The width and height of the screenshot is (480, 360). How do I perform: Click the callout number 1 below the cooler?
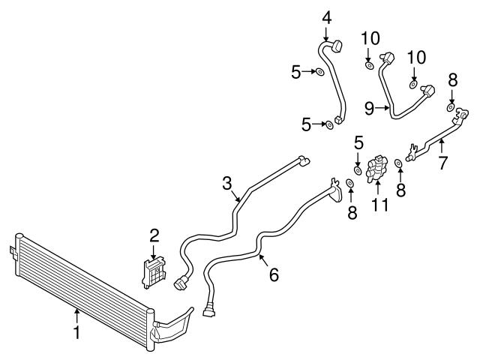[x=76, y=331]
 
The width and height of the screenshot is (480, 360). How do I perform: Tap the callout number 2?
[x=154, y=235]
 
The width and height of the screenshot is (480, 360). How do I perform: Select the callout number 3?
[x=228, y=184]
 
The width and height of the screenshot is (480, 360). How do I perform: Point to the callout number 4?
[x=327, y=16]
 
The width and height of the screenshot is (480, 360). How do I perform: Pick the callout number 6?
[x=273, y=275]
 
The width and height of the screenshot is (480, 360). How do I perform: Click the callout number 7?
[x=443, y=162]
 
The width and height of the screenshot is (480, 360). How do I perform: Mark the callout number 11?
[x=379, y=204]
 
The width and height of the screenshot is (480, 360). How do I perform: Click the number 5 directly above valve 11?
[x=358, y=141]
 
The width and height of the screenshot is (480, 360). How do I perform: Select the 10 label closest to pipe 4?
[x=369, y=37]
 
